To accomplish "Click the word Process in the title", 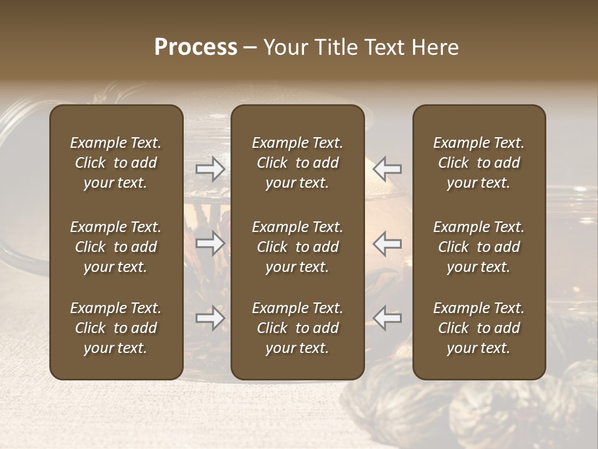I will (196, 47).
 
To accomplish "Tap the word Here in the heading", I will (434, 47).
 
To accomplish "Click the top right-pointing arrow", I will (210, 169).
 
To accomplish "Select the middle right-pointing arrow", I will (210, 243).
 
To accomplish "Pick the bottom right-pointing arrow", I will (210, 318).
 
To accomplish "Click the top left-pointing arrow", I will (387, 169).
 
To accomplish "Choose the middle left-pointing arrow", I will (387, 243).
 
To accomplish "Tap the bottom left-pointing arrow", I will (387, 318).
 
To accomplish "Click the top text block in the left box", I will (116, 163).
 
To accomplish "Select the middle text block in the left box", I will (116, 247).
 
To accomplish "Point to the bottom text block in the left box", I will (116, 328).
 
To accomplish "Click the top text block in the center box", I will (298, 163).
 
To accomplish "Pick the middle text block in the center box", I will (298, 247).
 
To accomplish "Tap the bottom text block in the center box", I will (298, 328).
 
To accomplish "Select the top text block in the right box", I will (479, 163).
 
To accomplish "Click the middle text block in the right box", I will (479, 247).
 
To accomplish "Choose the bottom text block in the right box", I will (479, 328).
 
